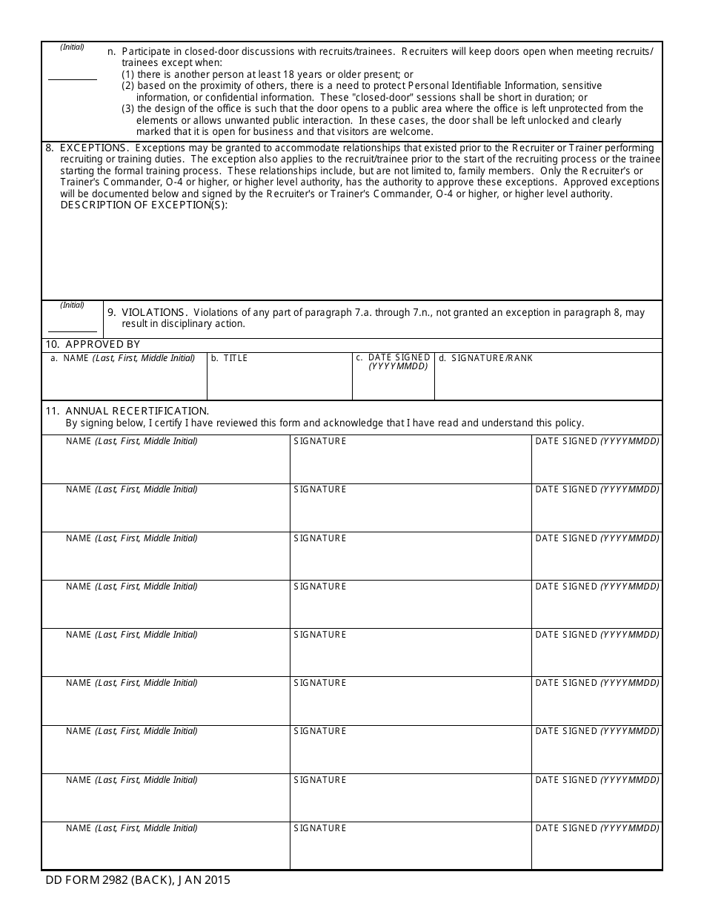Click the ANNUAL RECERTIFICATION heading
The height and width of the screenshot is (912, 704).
coord(137,411)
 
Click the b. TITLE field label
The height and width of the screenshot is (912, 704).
coord(229,358)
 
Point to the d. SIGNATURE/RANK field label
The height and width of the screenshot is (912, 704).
coord(485,358)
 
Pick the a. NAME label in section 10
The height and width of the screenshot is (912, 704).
coord(122,358)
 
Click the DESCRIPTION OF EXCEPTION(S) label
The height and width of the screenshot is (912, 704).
coord(144,205)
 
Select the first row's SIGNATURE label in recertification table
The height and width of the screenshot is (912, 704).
coord(319,441)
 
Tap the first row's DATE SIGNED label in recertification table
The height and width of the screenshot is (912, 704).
coord(597,441)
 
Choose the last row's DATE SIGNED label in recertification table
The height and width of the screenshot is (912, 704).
coord(597,828)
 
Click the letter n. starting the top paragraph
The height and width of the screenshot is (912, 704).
coord(111,52)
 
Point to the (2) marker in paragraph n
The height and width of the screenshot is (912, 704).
coord(127,86)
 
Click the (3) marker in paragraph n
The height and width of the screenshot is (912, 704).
coord(127,109)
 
